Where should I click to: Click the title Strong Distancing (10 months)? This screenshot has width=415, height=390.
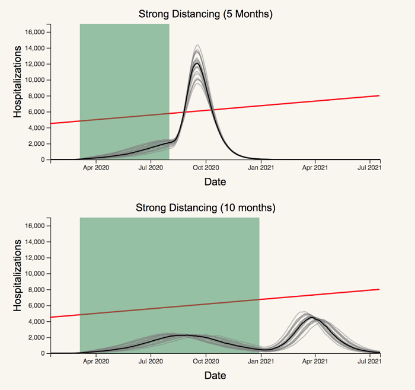[206, 207]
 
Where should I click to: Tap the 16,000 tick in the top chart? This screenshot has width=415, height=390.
[39, 32]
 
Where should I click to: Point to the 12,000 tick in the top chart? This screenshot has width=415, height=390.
[39, 64]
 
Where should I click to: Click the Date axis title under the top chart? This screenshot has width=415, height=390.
[215, 182]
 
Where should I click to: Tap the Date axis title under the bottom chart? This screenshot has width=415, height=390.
[215, 375]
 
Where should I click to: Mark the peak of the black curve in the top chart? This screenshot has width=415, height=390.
[197, 63]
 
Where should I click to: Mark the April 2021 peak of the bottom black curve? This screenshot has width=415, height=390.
[312, 318]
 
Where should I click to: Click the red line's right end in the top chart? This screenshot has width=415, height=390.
[379, 95]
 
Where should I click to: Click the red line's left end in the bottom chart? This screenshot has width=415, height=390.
[52, 317]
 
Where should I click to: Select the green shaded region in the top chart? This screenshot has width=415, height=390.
[124, 71]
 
